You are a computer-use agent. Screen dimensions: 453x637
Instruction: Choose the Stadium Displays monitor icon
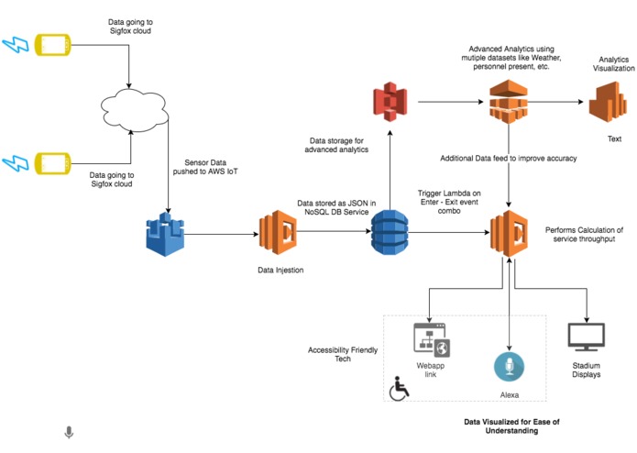pos(586,339)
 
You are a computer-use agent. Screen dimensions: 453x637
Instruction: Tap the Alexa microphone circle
pos(509,367)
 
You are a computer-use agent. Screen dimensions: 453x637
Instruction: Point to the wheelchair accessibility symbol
pos(399,389)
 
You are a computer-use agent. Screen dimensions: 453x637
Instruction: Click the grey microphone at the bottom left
pos(68,432)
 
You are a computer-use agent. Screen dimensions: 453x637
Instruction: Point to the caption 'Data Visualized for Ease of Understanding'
pos(510,425)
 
